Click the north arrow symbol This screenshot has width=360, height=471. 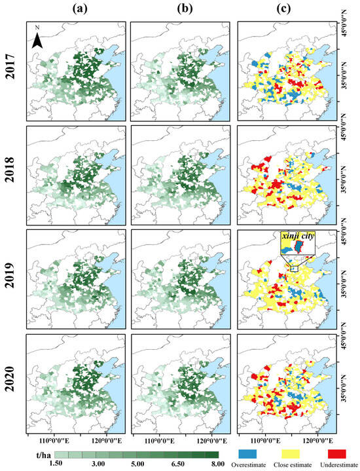[x=38, y=40]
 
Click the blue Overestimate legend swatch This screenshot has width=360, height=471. [x=258, y=453]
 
